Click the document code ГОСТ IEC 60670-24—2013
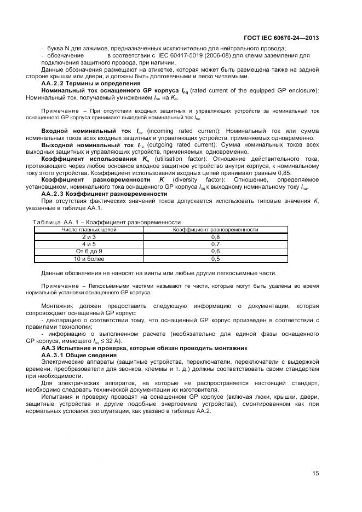point(281,38)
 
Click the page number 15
point(316,474)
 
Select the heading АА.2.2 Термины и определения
point(84,83)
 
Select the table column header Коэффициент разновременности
point(215,230)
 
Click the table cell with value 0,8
point(215,237)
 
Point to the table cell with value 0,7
point(215,244)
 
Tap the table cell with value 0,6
point(215,251)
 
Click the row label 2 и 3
point(89,237)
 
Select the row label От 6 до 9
point(89,251)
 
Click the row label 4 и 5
point(89,244)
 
